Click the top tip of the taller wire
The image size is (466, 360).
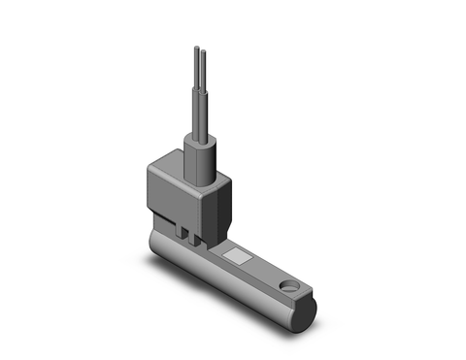tap(195, 47)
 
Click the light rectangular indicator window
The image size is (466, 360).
tap(237, 257)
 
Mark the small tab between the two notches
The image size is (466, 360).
tap(188, 235)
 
